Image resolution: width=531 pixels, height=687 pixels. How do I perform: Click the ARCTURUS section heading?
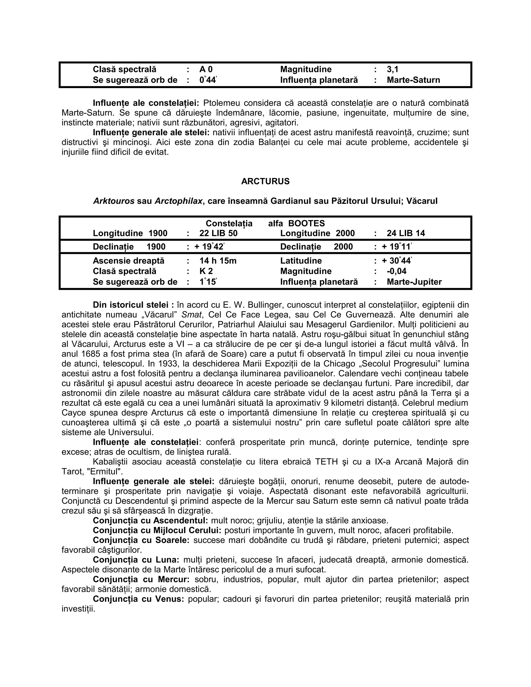coord(265,181)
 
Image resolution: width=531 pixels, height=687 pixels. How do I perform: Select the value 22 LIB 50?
coord(218,233)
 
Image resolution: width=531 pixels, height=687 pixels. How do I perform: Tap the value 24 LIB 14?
coord(406,233)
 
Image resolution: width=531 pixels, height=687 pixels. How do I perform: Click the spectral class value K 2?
coord(206,271)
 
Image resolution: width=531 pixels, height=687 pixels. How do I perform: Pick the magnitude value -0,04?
coord(396,271)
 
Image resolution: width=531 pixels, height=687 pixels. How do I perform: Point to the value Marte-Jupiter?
coord(414,282)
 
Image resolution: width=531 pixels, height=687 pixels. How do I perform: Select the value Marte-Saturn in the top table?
coord(413,80)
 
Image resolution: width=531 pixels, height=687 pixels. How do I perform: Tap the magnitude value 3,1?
coord(392,69)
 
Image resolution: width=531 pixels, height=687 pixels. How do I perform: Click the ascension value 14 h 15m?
coord(218,261)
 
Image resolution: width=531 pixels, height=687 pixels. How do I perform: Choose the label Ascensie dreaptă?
coord(128,261)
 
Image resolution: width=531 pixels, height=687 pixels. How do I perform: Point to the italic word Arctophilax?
coord(178,201)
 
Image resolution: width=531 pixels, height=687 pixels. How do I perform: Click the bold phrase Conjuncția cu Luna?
coord(136,560)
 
